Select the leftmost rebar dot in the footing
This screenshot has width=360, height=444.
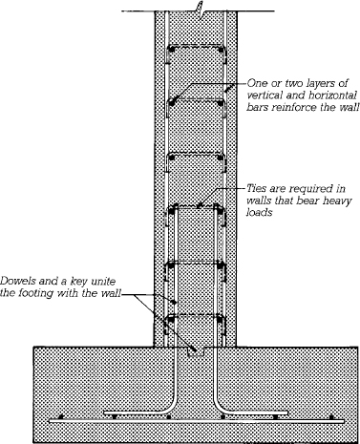(62, 418)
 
